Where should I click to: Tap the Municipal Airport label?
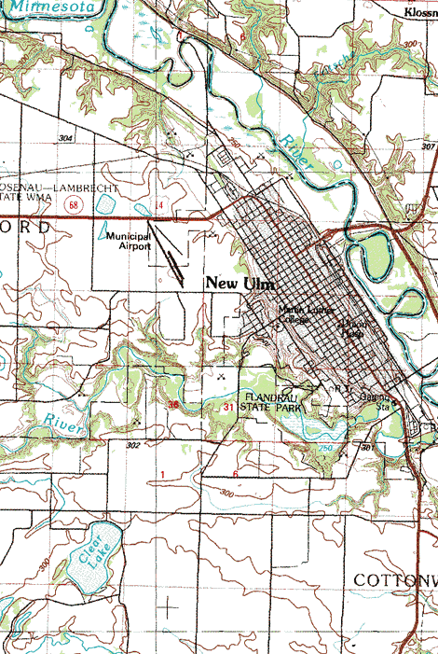(x=129, y=243)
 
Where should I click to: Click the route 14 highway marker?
(x=159, y=203)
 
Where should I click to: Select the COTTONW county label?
(x=395, y=579)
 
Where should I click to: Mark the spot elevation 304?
(x=64, y=138)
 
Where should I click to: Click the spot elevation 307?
(x=428, y=146)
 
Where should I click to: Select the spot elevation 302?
(x=133, y=446)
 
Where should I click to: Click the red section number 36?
(x=173, y=404)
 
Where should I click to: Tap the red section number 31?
(x=229, y=408)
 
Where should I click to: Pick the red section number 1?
(x=162, y=475)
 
